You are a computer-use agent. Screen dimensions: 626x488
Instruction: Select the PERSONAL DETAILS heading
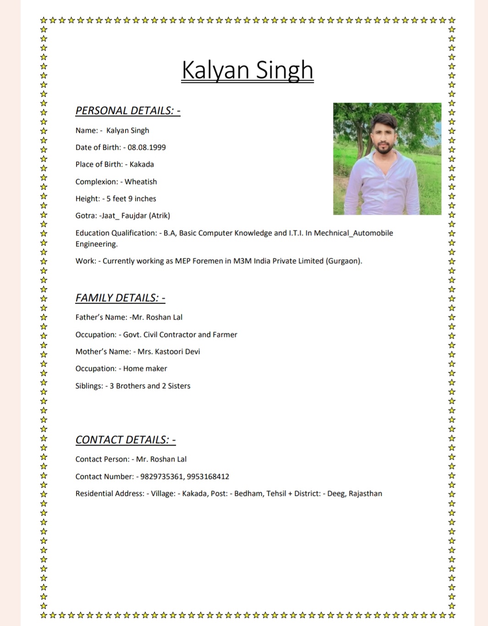click(128, 110)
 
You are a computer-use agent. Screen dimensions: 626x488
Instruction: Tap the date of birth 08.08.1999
click(147, 147)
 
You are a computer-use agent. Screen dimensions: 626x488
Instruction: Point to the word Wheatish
click(141, 182)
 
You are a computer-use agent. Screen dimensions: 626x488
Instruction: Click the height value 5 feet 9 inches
click(131, 199)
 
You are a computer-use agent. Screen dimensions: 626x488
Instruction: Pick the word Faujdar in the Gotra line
click(132, 216)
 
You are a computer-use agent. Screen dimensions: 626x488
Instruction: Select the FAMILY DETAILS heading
click(120, 298)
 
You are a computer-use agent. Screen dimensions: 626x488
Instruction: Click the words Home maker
click(145, 369)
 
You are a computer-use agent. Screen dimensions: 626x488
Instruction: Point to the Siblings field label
click(89, 386)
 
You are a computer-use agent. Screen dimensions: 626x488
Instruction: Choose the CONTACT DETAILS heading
click(126, 440)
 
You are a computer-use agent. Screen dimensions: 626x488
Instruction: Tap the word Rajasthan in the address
click(365, 494)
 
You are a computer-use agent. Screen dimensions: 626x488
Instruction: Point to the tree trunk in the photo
click(362, 142)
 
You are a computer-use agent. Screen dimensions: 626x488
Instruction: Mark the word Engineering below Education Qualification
click(96, 244)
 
